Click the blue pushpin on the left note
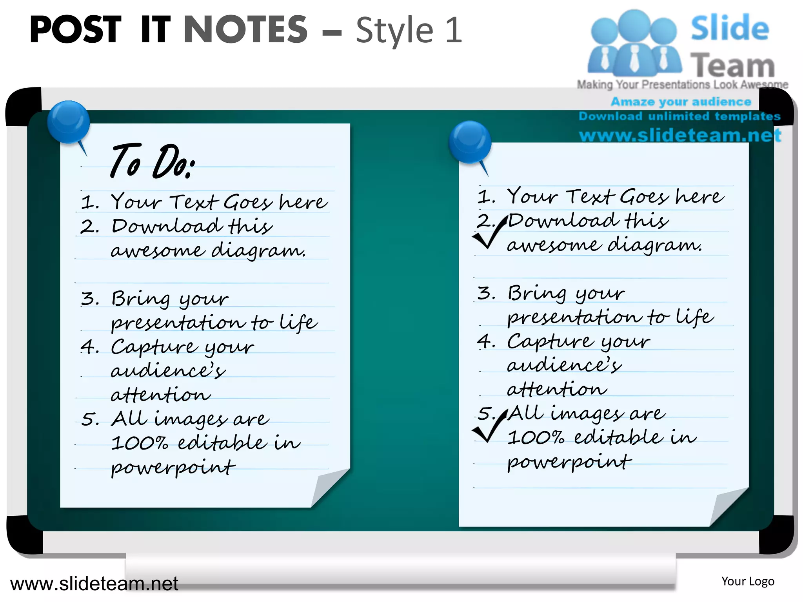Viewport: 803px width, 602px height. click(68, 121)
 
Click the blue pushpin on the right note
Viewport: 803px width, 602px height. click(470, 141)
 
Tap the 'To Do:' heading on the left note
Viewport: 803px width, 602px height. click(153, 161)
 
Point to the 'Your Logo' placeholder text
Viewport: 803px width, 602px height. click(748, 581)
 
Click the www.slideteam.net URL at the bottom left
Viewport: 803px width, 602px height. click(94, 584)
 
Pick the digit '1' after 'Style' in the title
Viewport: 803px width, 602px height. click(454, 30)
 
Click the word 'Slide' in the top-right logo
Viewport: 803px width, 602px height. click(729, 28)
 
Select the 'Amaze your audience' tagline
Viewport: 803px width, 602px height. click(681, 102)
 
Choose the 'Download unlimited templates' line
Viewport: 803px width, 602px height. click(679, 116)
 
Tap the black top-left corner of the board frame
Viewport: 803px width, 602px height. click(23, 106)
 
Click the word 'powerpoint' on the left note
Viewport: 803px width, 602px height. click(173, 467)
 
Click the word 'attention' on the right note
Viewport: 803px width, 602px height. click(557, 389)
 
